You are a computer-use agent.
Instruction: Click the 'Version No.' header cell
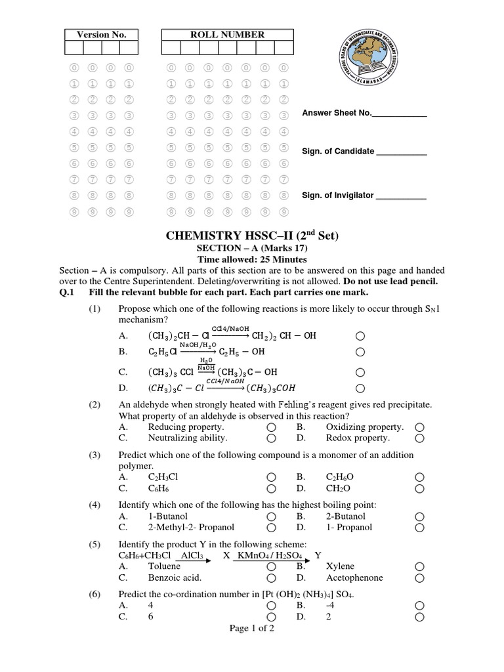pyautogui.click(x=101, y=35)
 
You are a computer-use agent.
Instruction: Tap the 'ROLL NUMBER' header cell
pyautogui.click(x=227, y=35)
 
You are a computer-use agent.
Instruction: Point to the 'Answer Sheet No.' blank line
pyautogui.click(x=399, y=115)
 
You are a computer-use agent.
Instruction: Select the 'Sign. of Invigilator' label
pyautogui.click(x=338, y=195)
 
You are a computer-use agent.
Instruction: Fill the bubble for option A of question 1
pyautogui.click(x=360, y=335)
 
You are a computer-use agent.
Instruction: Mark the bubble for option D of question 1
pyautogui.click(x=360, y=387)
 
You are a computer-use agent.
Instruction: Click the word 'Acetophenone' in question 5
pyautogui.click(x=354, y=577)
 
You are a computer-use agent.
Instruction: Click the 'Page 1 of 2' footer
pyautogui.click(x=252, y=628)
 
